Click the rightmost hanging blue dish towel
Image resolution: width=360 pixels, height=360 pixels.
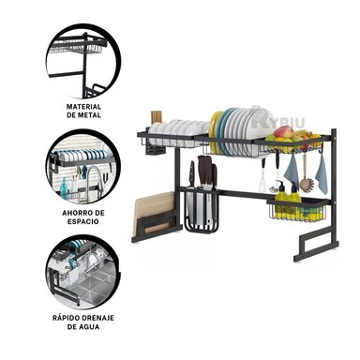[x=322, y=173]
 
